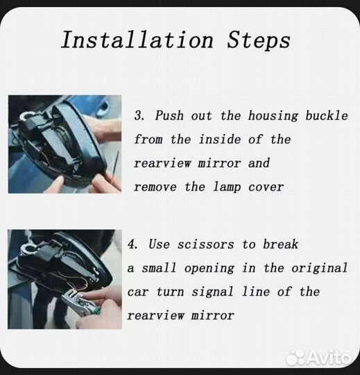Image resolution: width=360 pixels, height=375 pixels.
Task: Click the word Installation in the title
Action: click(137, 40)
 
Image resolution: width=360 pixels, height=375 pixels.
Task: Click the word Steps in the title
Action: click(259, 41)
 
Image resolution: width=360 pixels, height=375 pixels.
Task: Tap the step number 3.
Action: click(139, 115)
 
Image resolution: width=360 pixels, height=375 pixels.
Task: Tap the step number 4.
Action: click(132, 244)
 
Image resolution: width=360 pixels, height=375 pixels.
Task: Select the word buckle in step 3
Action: click(327, 115)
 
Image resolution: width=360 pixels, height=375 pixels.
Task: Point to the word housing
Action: click(273, 116)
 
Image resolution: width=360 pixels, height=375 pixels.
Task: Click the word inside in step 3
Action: click(220, 139)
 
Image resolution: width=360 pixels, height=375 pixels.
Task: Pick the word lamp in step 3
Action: click(227, 187)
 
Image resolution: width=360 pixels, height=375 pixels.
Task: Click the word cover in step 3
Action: click(266, 187)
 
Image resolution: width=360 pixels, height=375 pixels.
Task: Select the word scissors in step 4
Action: click(206, 244)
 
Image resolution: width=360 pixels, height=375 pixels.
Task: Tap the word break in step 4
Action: click(281, 244)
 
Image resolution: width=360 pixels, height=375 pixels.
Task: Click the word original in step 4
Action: click(319, 268)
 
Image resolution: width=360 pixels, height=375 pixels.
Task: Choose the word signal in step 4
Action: click(213, 292)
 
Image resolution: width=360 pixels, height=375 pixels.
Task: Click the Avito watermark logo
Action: click(319, 358)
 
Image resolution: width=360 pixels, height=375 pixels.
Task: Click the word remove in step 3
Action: click(155, 187)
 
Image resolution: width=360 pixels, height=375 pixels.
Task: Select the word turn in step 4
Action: click(170, 292)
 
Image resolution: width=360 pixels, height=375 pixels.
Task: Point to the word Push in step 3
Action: click(169, 115)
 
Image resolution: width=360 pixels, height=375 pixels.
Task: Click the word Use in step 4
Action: click(159, 244)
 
